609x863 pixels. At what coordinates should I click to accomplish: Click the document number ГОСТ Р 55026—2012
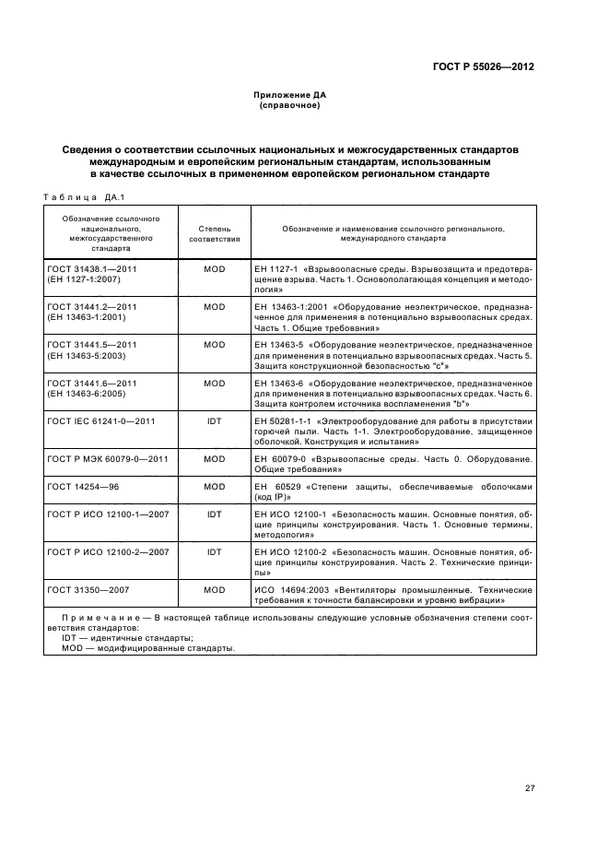pyautogui.click(x=484, y=67)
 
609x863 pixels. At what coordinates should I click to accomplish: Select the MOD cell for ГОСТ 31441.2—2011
pyautogui.click(x=215, y=306)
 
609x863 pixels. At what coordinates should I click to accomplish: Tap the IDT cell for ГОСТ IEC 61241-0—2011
pyautogui.click(x=215, y=421)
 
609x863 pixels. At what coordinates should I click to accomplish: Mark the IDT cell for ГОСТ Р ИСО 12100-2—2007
pyautogui.click(x=215, y=551)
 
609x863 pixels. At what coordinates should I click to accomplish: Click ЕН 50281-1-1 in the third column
pyautogui.click(x=282, y=421)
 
